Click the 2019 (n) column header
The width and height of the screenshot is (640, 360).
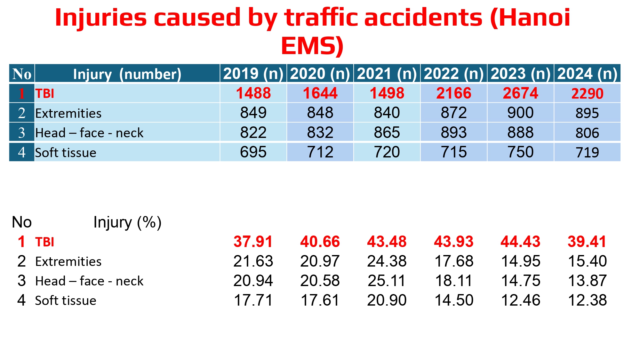pyautogui.click(x=253, y=74)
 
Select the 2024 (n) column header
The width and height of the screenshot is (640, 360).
pyautogui.click(x=587, y=74)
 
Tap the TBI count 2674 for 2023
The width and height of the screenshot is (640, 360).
pyautogui.click(x=520, y=93)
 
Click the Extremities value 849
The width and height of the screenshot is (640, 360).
pyautogui.click(x=253, y=113)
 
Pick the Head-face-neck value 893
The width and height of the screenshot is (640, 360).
pyautogui.click(x=453, y=132)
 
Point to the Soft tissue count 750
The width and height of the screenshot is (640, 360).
pyautogui.click(x=520, y=152)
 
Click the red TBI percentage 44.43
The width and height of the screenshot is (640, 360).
pyautogui.click(x=520, y=242)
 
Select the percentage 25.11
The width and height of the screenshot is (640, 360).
pyautogui.click(x=387, y=281)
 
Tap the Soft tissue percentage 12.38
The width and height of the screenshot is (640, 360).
pyautogui.click(x=587, y=300)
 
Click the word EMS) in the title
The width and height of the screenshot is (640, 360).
pyautogui.click(x=312, y=46)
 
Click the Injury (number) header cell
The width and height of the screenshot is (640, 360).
pyautogui.click(x=127, y=74)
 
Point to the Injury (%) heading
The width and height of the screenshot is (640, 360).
pyautogui.click(x=127, y=222)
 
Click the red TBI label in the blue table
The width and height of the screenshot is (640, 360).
pyautogui.click(x=44, y=93)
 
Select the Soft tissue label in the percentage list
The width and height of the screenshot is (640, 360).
pyautogui.click(x=66, y=300)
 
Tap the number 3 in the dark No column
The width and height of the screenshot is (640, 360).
pyautogui.click(x=21, y=132)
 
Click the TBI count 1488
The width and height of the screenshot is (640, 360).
pyautogui.click(x=253, y=93)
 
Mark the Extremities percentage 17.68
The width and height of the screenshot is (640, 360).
pyautogui.click(x=453, y=261)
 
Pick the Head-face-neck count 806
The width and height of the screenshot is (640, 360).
pyautogui.click(x=587, y=133)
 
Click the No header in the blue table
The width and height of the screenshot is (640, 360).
pyautogui.click(x=21, y=74)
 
